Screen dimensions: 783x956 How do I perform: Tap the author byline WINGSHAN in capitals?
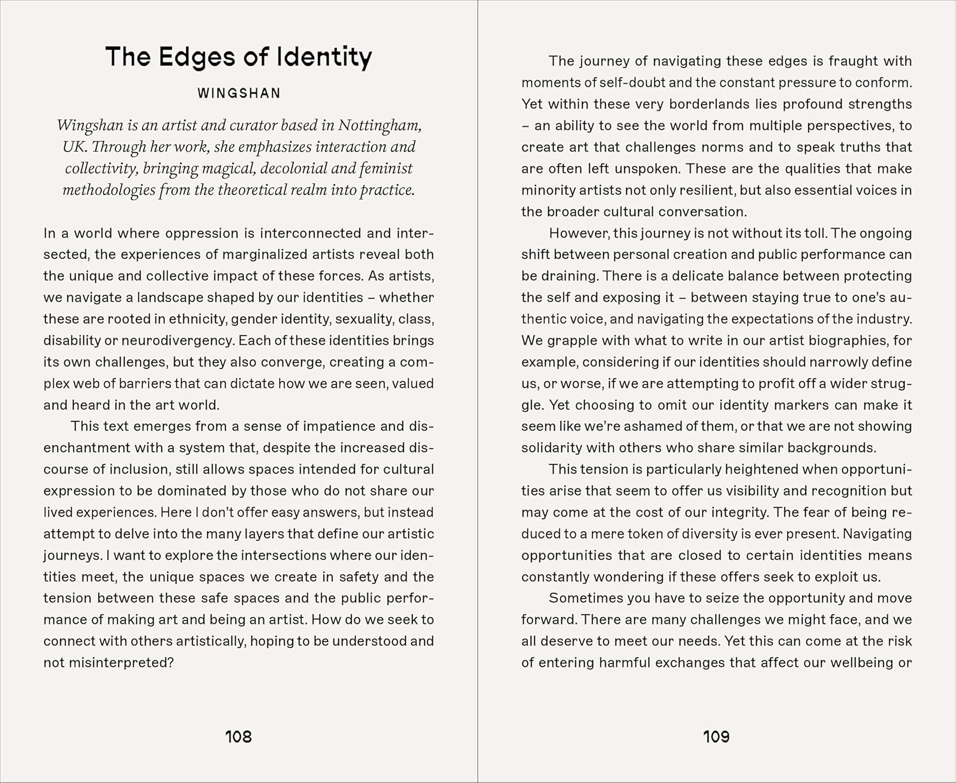click(x=239, y=93)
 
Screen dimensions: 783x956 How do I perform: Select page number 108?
click(x=238, y=737)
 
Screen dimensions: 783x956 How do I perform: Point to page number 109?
click(x=716, y=737)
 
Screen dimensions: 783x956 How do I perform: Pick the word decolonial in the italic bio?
click(x=296, y=169)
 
